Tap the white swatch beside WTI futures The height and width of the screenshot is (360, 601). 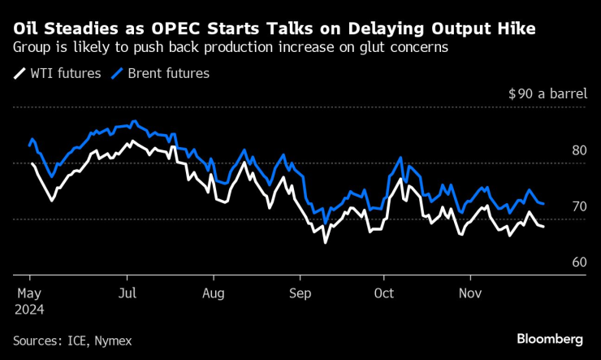click(19, 73)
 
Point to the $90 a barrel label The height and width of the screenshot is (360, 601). click(547, 93)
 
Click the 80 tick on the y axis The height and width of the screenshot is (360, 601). click(579, 150)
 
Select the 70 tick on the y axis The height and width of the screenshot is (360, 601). click(579, 206)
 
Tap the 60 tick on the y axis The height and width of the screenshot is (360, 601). click(579, 262)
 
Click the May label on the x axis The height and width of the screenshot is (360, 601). click(28, 293)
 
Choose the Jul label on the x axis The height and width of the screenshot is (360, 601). click(128, 293)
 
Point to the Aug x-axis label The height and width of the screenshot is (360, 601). click(214, 293)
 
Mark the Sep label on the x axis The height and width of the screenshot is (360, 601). click(300, 293)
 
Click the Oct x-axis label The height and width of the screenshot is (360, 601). click(383, 293)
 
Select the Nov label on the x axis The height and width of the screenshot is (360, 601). click(469, 293)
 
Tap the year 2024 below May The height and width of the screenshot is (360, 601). click(29, 309)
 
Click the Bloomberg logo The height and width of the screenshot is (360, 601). click(550, 338)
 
